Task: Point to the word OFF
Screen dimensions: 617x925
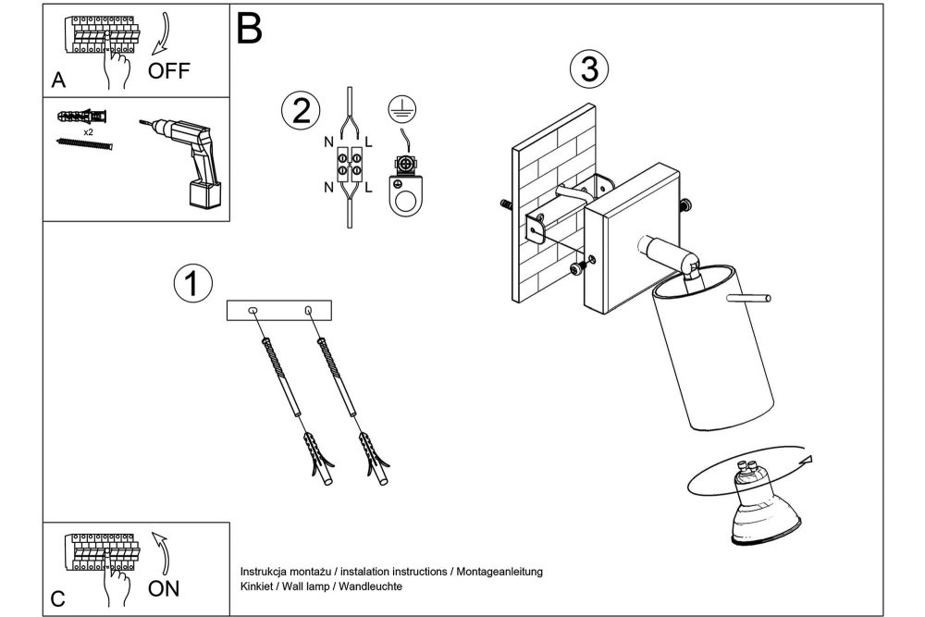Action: [168, 74]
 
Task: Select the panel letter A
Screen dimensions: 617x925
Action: [58, 80]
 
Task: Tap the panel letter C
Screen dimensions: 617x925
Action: [57, 597]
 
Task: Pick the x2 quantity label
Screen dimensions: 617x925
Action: [89, 132]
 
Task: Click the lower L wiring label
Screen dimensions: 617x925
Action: [368, 189]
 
